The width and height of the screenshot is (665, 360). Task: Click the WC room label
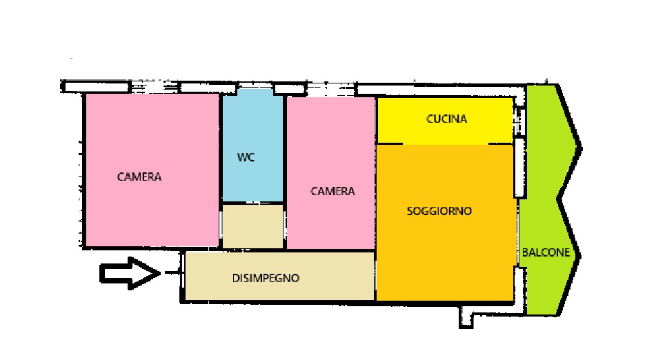point(246,157)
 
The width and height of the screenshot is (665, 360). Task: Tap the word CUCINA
point(446,119)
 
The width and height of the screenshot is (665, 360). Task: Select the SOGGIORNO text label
point(439,211)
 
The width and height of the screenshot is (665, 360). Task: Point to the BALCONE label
point(546,252)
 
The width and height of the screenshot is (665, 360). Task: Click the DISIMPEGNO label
point(266,279)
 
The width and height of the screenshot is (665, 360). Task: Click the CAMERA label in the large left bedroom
point(139,177)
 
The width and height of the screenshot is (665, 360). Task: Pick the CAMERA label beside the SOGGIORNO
point(332,191)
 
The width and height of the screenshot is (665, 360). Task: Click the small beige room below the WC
point(252,226)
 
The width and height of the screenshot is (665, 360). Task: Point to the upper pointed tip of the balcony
point(580,146)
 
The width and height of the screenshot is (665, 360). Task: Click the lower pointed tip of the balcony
point(580,254)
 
